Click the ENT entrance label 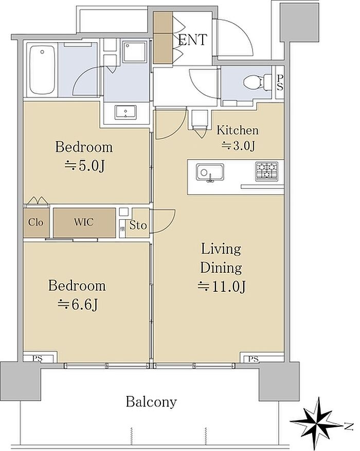tap(192, 40)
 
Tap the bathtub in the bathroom tap(42, 70)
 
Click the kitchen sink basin tap(210, 172)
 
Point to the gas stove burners tap(266, 171)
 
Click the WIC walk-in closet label tap(84, 222)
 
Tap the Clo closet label tap(36, 222)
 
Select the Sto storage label tap(138, 225)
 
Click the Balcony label tap(151, 402)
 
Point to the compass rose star tap(317, 422)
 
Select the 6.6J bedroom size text tap(78, 305)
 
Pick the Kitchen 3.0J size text tap(238, 146)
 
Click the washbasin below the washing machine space tap(125, 112)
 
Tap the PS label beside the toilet tap(280, 82)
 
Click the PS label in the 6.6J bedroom tap(38, 359)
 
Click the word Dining tap(221, 268)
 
